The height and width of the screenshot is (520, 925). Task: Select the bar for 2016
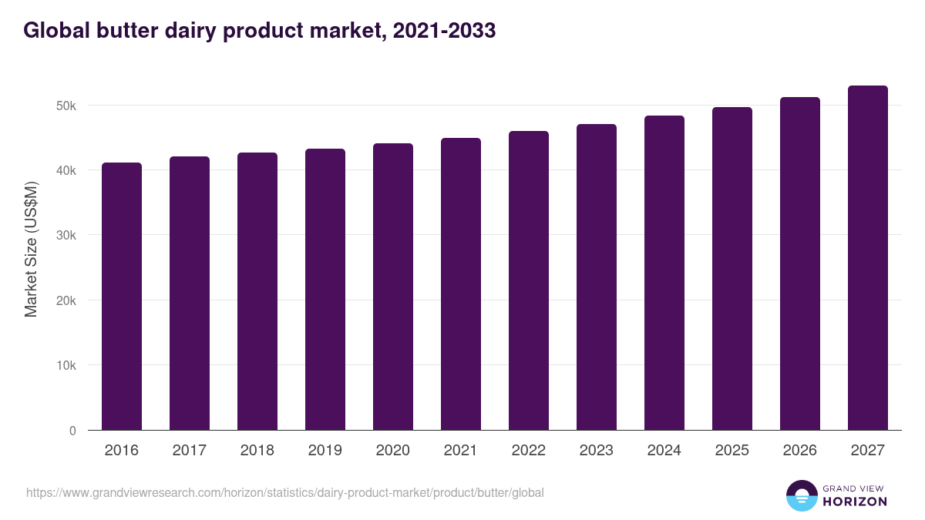pyautogui.click(x=122, y=297)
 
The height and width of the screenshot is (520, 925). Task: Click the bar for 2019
pyautogui.click(x=325, y=290)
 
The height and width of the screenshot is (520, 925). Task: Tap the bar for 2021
pyautogui.click(x=461, y=284)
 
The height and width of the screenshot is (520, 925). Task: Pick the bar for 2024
pyautogui.click(x=664, y=273)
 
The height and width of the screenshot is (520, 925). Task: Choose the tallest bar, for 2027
pyautogui.click(x=868, y=258)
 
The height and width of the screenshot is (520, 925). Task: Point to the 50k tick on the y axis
pyautogui.click(x=66, y=106)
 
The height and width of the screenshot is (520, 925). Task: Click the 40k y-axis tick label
pyautogui.click(x=66, y=170)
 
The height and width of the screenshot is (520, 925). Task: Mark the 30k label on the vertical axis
pyautogui.click(x=66, y=236)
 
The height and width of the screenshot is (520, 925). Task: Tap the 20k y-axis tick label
pyautogui.click(x=66, y=300)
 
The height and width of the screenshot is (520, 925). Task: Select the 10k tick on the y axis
pyautogui.click(x=66, y=366)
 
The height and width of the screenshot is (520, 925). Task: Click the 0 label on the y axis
pyautogui.click(x=72, y=431)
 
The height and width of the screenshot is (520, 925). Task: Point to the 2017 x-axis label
pyautogui.click(x=190, y=450)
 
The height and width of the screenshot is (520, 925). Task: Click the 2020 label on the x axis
pyautogui.click(x=393, y=450)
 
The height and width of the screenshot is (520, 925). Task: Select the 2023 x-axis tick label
pyautogui.click(x=597, y=450)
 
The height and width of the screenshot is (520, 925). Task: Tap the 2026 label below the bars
pyautogui.click(x=800, y=450)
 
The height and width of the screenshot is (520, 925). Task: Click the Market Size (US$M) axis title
pyautogui.click(x=31, y=249)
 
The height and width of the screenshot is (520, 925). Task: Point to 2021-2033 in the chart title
pyautogui.click(x=444, y=31)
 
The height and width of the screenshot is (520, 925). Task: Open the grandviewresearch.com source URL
pyautogui.click(x=285, y=492)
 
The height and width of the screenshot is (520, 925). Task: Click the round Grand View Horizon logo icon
pyautogui.click(x=802, y=495)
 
